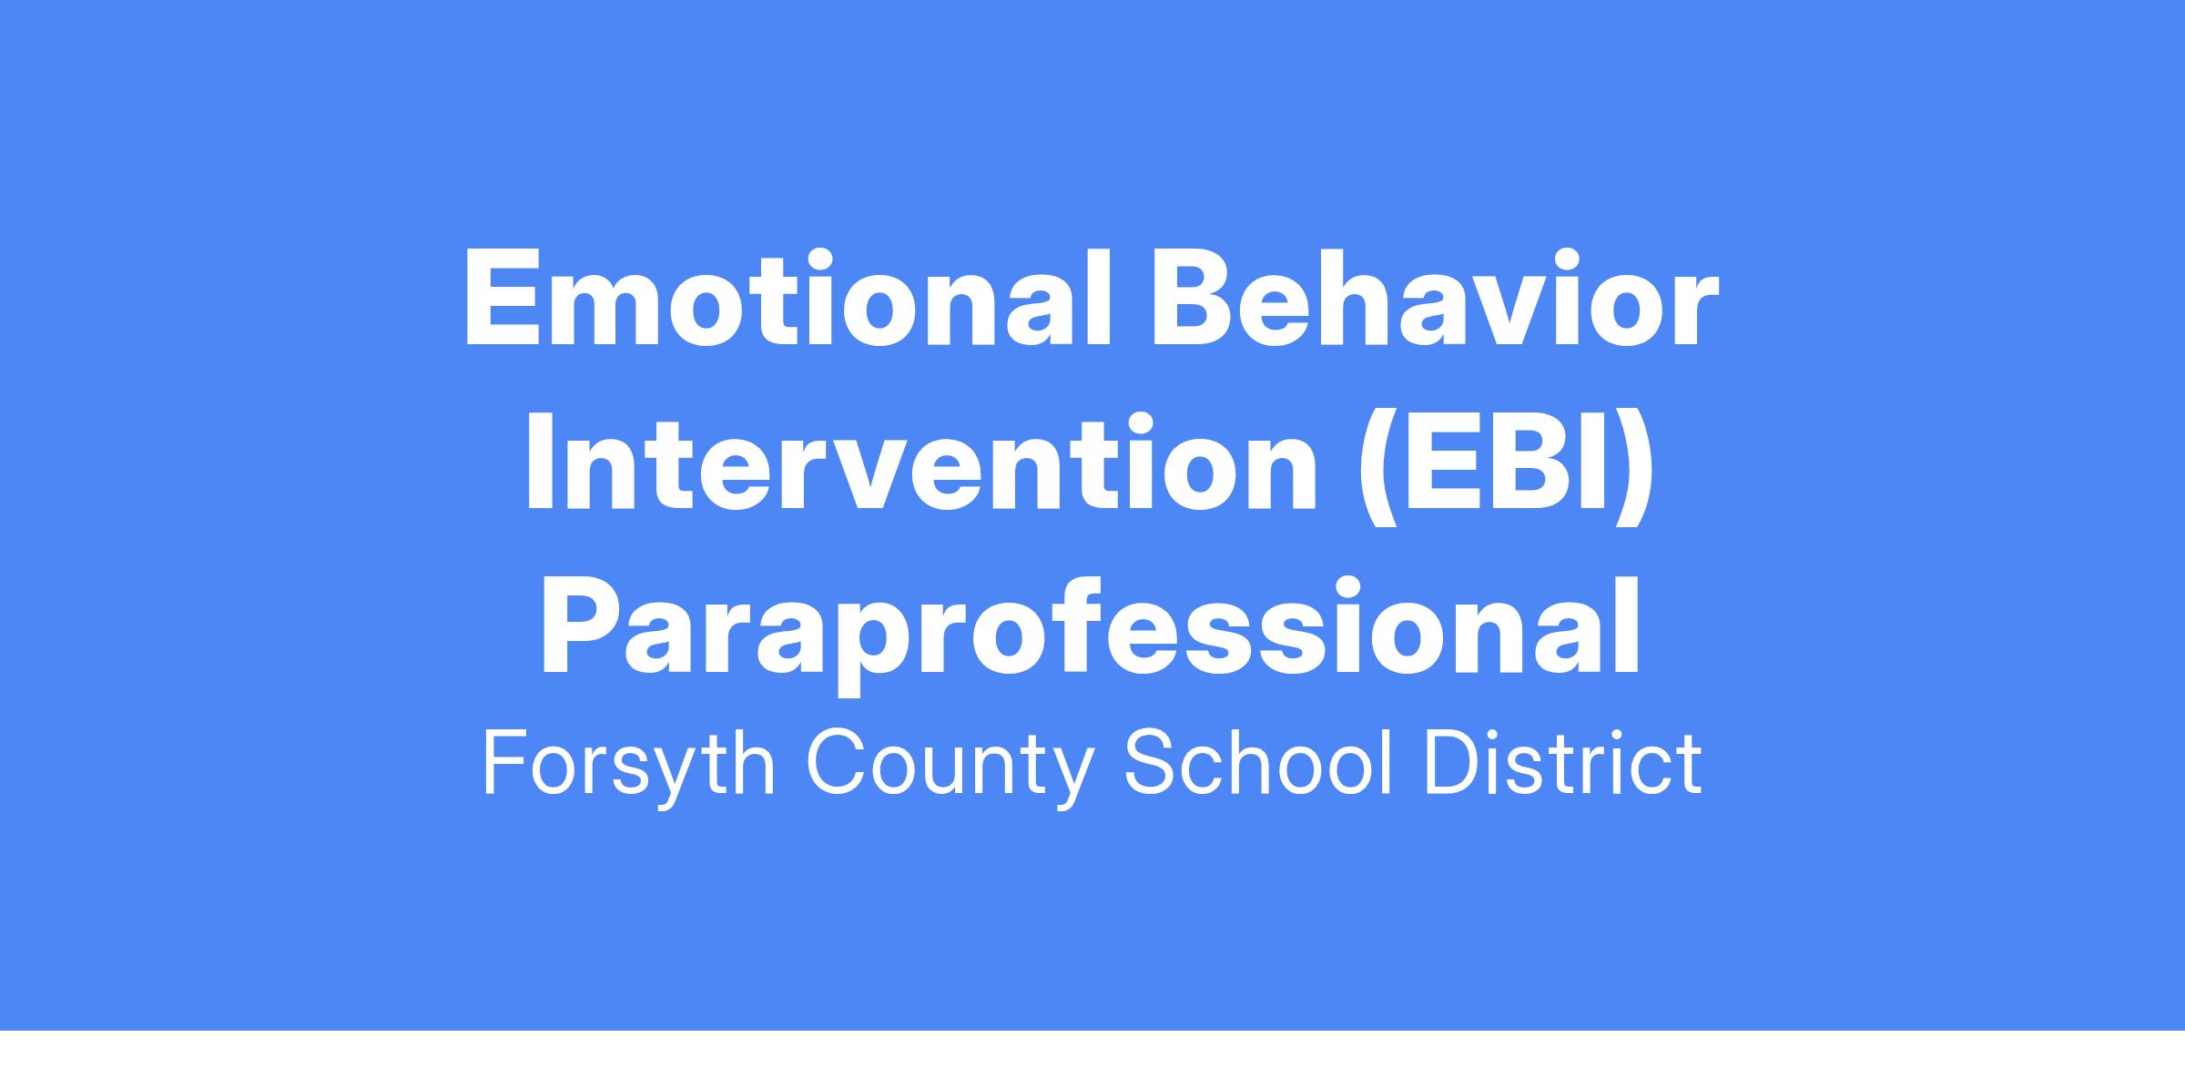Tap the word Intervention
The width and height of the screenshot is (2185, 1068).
pyautogui.click(x=920, y=460)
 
